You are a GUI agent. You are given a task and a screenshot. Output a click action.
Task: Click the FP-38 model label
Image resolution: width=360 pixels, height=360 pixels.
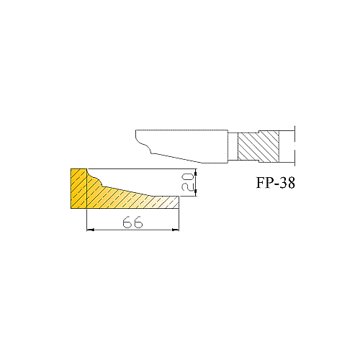pos(276,183)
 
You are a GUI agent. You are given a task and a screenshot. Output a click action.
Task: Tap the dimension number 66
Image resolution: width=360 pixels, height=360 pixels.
pos(132,222)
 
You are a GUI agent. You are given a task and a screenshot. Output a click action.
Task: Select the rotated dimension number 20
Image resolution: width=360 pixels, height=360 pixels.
pos(187,183)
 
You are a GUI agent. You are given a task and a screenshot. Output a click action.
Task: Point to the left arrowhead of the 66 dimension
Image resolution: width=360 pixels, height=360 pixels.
pos(90,230)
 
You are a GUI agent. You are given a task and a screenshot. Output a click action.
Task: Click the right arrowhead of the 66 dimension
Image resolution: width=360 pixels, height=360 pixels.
pos(176,230)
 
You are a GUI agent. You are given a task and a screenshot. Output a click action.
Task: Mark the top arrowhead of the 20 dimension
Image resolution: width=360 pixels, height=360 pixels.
pos(196,172)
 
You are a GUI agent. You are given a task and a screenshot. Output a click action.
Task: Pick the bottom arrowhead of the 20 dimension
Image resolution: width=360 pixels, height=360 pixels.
pos(196,193)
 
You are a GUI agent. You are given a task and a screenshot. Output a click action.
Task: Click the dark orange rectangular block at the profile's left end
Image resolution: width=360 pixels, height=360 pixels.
pos(78,189)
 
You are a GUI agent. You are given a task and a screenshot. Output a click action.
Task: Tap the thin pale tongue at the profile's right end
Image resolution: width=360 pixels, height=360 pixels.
pos(166,202)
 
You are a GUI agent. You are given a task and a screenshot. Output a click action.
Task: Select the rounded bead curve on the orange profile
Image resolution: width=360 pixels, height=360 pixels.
pos(96,179)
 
